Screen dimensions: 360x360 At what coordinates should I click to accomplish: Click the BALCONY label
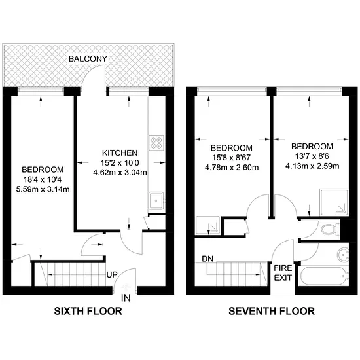(x=88, y=59)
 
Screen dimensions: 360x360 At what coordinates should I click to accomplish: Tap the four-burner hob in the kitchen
(x=156, y=143)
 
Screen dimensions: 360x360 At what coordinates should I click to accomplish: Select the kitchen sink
(x=156, y=201)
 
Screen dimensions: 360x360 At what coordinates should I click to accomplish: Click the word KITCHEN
(x=120, y=153)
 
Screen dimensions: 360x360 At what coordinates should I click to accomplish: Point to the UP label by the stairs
(x=112, y=275)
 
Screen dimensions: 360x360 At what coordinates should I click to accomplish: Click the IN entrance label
(x=126, y=298)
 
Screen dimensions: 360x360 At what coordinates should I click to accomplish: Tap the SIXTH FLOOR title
(x=88, y=311)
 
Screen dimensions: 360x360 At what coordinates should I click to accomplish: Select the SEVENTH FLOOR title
(x=272, y=311)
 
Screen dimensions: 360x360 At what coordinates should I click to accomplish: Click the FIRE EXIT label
(x=283, y=273)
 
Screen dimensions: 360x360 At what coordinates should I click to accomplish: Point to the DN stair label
(x=207, y=259)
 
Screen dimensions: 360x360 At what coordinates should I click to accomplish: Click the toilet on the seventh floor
(x=331, y=229)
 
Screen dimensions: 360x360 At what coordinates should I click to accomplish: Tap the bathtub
(x=323, y=276)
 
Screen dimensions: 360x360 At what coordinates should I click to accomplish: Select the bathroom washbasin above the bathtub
(x=343, y=255)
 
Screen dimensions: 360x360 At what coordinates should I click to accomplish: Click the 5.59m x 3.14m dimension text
(x=43, y=189)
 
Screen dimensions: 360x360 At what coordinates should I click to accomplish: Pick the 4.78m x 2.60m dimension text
(x=232, y=168)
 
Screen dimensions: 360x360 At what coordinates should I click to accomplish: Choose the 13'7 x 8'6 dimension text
(x=312, y=156)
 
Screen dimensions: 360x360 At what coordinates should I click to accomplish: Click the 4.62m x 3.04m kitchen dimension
(x=120, y=172)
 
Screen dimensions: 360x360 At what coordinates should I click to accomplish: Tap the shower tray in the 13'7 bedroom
(x=334, y=202)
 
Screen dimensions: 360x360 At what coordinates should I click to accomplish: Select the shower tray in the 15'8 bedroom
(x=207, y=225)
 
